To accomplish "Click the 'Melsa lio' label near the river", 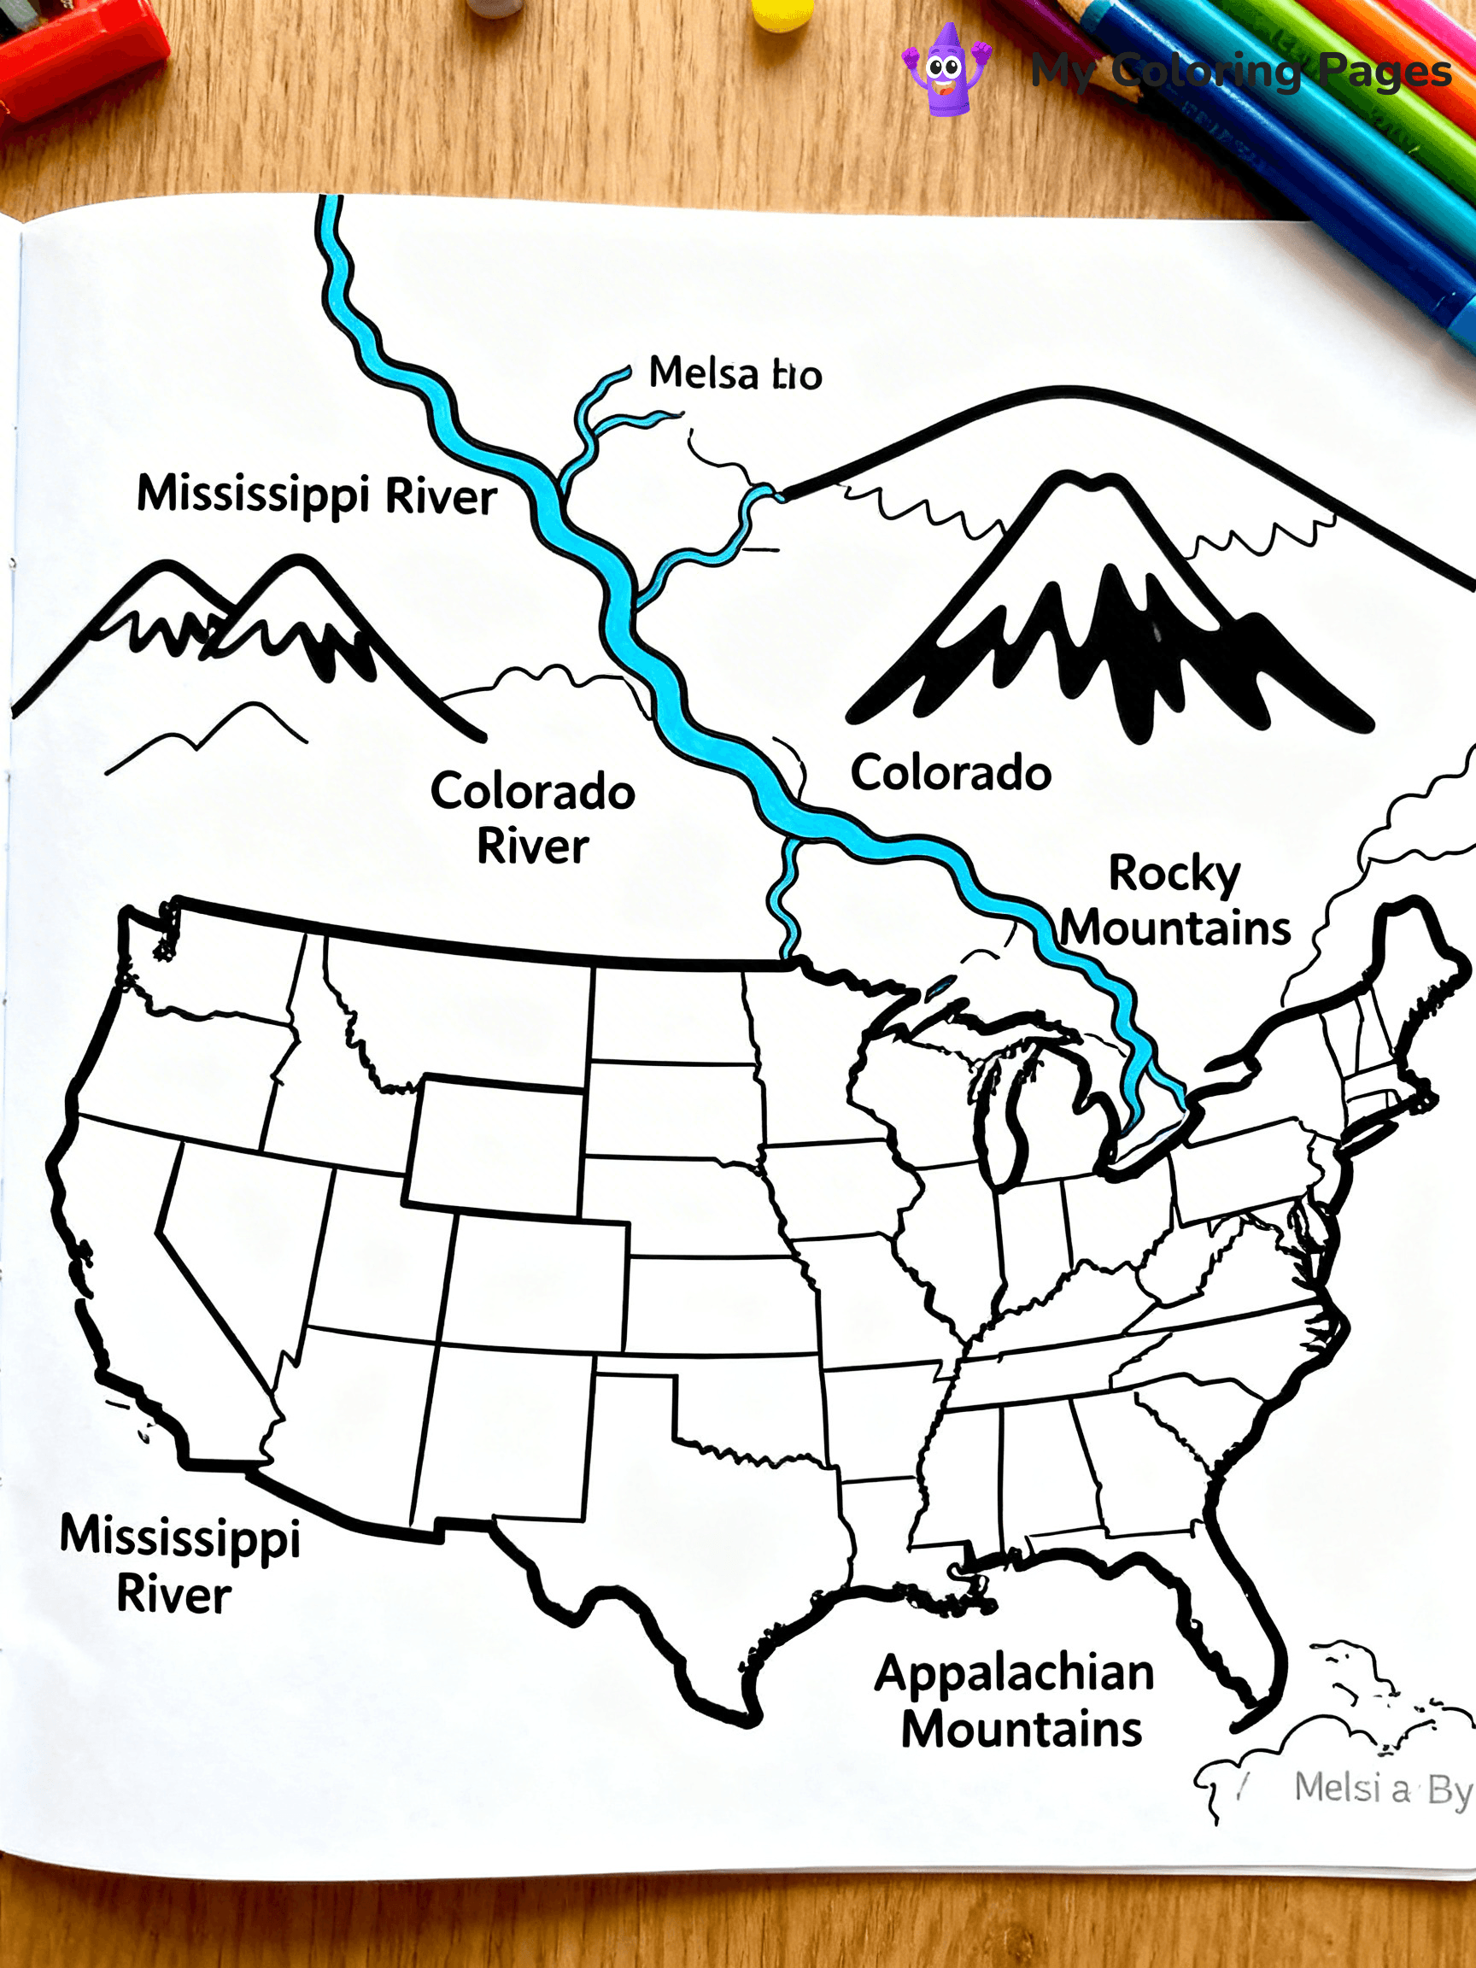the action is point(735,373).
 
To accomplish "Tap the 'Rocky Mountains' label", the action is point(1174,901).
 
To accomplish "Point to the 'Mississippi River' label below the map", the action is point(179,1564).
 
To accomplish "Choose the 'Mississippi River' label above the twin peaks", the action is point(316,495).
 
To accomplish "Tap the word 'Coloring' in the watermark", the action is point(1206,71).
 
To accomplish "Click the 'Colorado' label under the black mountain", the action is point(950,772).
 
